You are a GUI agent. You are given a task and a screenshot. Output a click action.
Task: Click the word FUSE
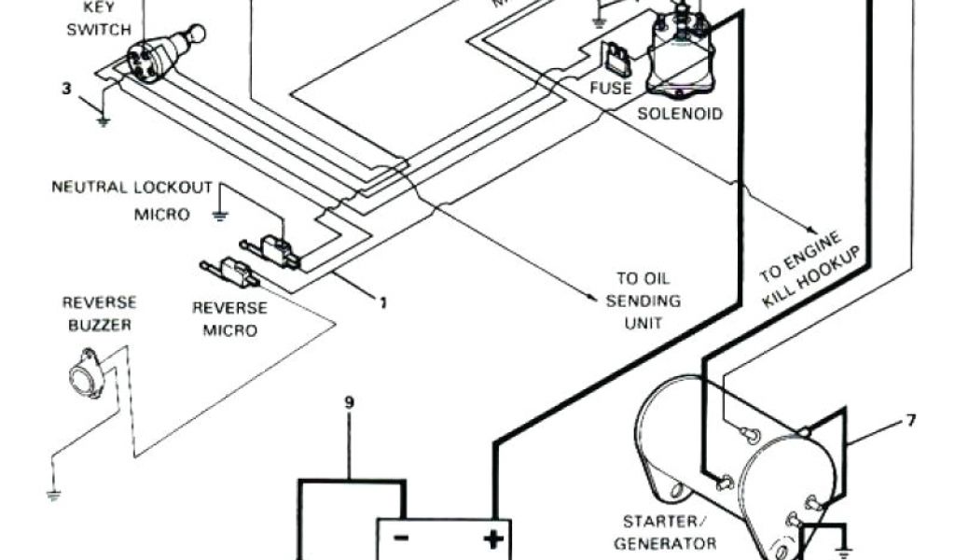click(x=611, y=89)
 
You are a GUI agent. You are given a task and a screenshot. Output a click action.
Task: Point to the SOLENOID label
click(x=679, y=115)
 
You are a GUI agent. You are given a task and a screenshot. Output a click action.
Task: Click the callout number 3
click(x=65, y=90)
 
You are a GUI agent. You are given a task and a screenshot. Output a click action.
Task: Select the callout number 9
click(x=349, y=403)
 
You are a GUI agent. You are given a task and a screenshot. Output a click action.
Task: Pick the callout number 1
click(x=381, y=301)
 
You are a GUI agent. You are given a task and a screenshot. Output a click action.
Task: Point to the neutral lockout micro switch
click(x=270, y=247)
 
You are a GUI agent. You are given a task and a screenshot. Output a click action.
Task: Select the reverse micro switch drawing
click(x=233, y=273)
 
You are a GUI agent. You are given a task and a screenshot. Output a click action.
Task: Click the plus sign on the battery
click(x=491, y=539)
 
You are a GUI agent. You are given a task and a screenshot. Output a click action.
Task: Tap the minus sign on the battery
click(x=401, y=539)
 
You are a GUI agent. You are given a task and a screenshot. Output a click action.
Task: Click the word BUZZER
click(x=99, y=325)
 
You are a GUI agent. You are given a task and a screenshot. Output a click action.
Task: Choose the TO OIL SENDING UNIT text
click(x=644, y=301)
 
